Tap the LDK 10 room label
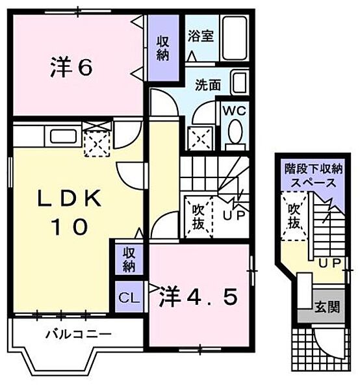tap(63, 212)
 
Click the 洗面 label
tap(207, 84)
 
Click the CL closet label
tap(128, 298)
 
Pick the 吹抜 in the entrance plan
tap(294, 216)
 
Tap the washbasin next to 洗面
tap(238, 84)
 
